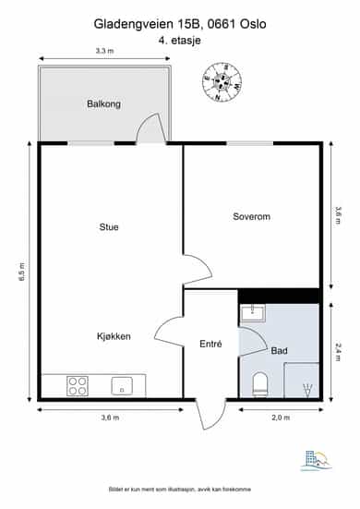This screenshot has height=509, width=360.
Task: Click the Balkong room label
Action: [103, 103]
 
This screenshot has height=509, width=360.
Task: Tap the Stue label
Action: [109, 226]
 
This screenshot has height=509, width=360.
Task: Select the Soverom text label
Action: [251, 216]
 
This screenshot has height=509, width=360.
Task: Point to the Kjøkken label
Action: [114, 336]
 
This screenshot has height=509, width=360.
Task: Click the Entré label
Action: [210, 344]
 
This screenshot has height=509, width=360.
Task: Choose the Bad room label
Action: [279, 351]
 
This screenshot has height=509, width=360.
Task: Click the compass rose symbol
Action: [222, 81]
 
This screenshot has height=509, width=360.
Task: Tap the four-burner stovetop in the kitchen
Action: [78, 386]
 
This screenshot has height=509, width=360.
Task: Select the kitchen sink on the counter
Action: [122, 386]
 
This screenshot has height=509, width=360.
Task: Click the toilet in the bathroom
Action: [260, 384]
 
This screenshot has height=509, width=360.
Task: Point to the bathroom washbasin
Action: [253, 313]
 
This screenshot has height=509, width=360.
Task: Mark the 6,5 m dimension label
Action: [22, 272]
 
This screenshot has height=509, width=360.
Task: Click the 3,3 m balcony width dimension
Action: [104, 51]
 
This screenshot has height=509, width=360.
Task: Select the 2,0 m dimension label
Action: [281, 418]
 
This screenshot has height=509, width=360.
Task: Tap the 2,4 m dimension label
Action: [338, 352]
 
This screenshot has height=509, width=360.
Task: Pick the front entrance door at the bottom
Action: [210, 415]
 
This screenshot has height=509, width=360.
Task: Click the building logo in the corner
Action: [317, 460]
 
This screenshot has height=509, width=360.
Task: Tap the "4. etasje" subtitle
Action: [179, 41]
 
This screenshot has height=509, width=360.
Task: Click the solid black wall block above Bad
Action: [279, 296]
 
